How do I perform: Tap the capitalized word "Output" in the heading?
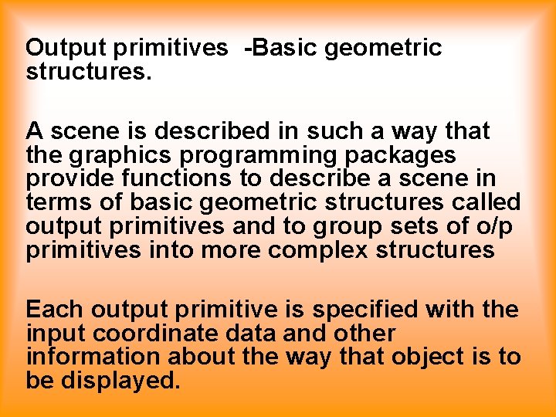point(66,48)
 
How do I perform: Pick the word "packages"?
point(400,156)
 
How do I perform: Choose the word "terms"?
point(61,203)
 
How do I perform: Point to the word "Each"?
point(55,310)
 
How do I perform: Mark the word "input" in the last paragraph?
point(51,334)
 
